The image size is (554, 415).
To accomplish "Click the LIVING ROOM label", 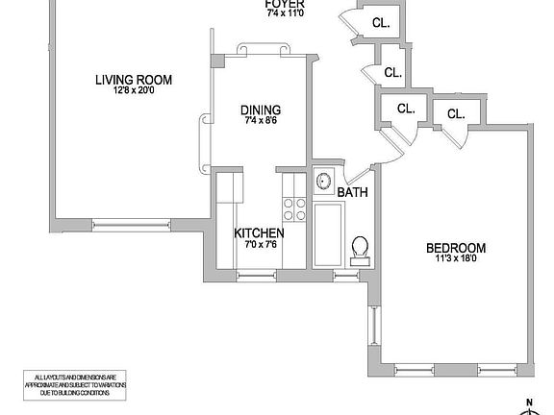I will pyautogui.click(x=132, y=80).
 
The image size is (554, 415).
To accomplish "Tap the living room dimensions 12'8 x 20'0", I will pyautogui.click(x=132, y=92).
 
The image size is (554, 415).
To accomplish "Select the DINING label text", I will pyautogui.click(x=260, y=110).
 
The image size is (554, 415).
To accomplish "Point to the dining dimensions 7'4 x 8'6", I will pyautogui.click(x=260, y=122).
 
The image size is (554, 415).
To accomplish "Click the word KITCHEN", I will pyautogui.click(x=260, y=233).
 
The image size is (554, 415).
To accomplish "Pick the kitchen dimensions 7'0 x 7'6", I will pyautogui.click(x=258, y=245).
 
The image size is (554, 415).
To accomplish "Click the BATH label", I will pyautogui.click(x=352, y=193).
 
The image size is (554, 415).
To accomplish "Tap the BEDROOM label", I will pyautogui.click(x=456, y=248).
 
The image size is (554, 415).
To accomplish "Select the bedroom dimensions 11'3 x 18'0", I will pyautogui.click(x=456, y=260).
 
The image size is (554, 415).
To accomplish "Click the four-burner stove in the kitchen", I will pyautogui.click(x=294, y=208).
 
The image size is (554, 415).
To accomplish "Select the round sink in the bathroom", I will pyautogui.click(x=323, y=182).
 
